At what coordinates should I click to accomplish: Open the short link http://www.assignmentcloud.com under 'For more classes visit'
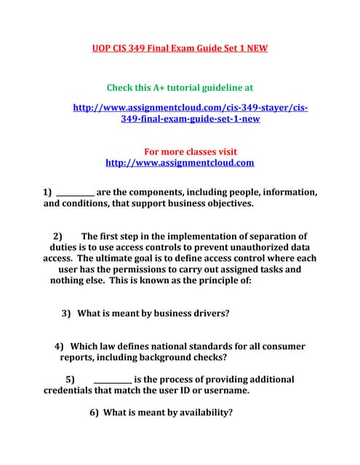tap(180, 163)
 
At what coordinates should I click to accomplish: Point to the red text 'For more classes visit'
tap(191, 152)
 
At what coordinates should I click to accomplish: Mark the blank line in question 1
tap(75, 193)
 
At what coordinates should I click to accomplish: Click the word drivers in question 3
tap(207, 313)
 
